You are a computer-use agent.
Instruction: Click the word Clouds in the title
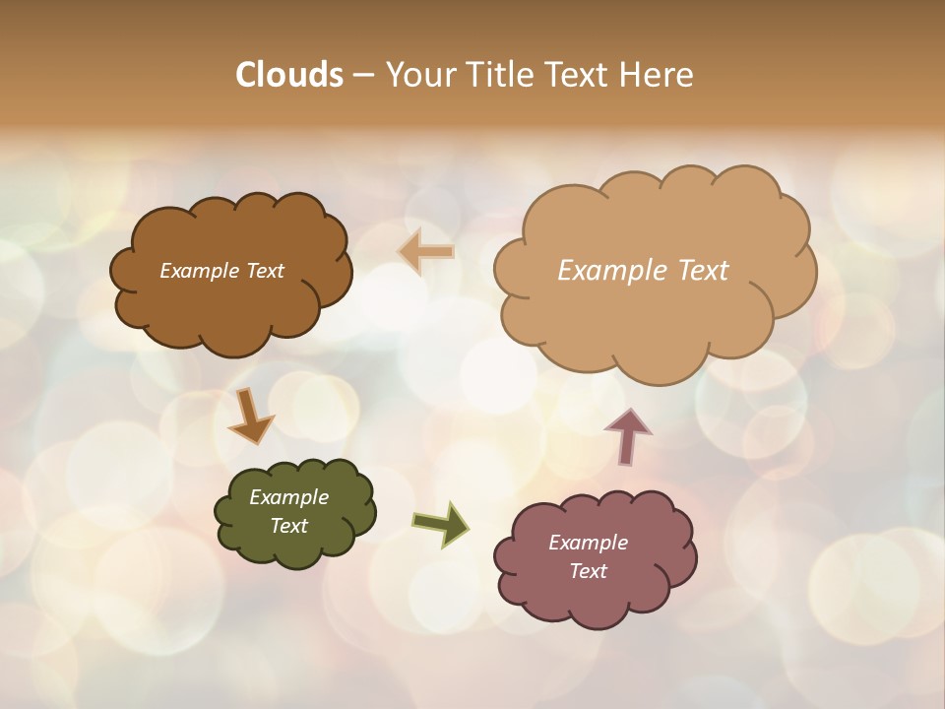[x=289, y=75]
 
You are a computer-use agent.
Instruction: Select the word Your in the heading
[x=420, y=75]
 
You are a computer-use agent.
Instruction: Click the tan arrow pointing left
[x=426, y=252]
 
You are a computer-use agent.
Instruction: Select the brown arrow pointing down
[x=250, y=417]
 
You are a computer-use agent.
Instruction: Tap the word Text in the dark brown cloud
[x=265, y=271]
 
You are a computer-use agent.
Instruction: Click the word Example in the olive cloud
[x=288, y=497]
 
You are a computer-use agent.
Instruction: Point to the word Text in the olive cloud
[x=288, y=526]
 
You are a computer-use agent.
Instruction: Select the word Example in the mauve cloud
[x=588, y=543]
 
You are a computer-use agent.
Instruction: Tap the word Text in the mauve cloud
[x=588, y=571]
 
